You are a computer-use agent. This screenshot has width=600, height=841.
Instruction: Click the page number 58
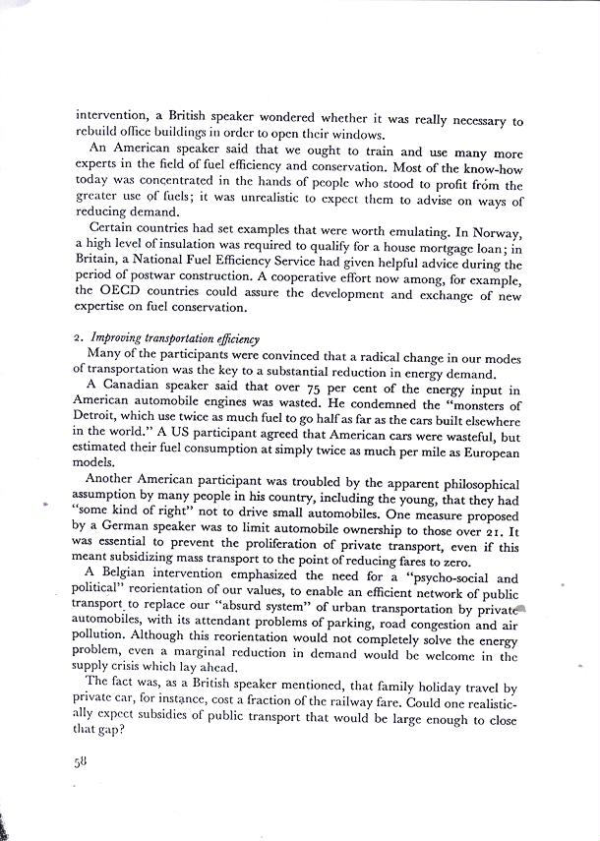(x=81, y=760)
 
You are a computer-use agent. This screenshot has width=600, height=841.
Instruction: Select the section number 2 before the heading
(x=79, y=337)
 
